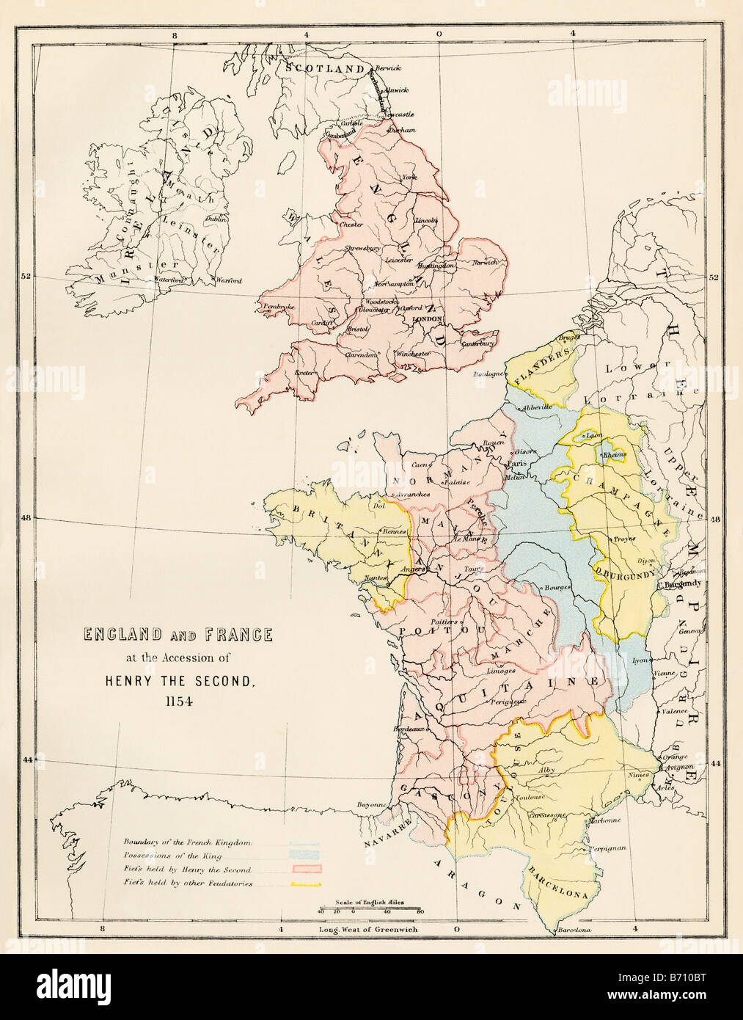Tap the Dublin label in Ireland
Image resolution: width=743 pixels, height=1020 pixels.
coord(216,219)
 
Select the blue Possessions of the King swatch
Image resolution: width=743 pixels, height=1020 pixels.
coord(304,856)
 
